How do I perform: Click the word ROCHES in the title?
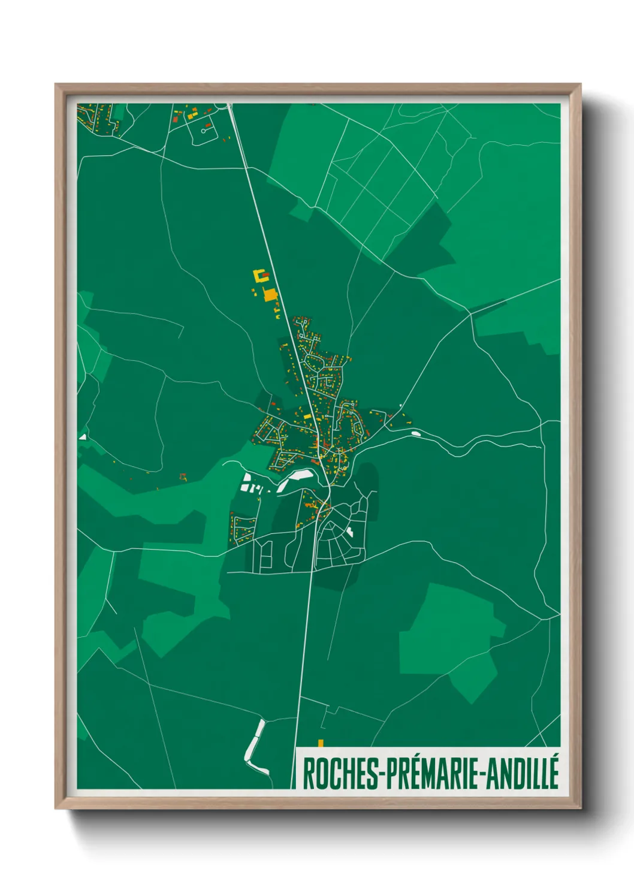pyautogui.click(x=339, y=774)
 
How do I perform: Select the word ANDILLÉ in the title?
pyautogui.click(x=522, y=774)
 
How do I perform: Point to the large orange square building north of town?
pyautogui.click(x=270, y=294)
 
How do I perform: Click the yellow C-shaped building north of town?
pyautogui.click(x=260, y=276)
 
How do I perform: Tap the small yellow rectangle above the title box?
pyautogui.click(x=321, y=743)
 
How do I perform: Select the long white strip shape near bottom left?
pyautogui.click(x=254, y=746)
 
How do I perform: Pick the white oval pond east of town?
pyautogui.click(x=414, y=433)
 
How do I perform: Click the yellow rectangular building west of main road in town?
pyautogui.click(x=307, y=416)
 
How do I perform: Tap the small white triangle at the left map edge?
pyautogui.click(x=83, y=437)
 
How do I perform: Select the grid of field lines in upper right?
pyautogui.click(x=384, y=180)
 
